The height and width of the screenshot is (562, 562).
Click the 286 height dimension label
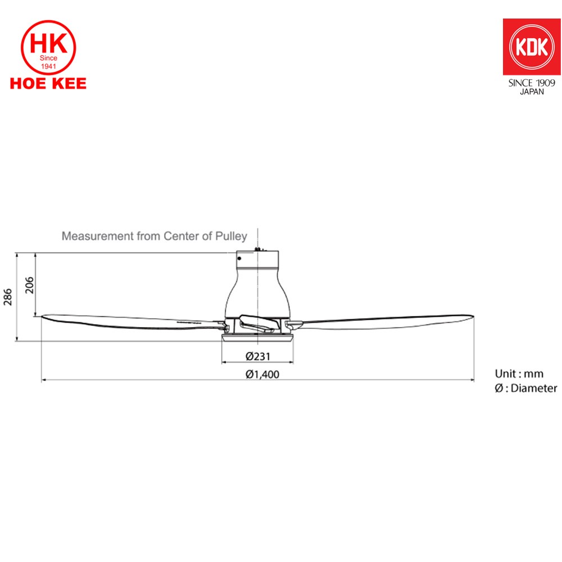(8, 297)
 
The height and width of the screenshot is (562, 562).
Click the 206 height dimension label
(29, 285)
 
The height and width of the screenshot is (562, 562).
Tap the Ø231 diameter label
(258, 356)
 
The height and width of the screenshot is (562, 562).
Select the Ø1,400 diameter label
(262, 374)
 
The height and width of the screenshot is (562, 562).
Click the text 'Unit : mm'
(519, 374)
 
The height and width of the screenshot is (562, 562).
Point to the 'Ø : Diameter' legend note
(526, 388)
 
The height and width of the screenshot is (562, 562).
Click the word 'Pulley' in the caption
(231, 236)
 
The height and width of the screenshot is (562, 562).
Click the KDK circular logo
(532, 47)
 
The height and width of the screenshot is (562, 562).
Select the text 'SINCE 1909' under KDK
(532, 83)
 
